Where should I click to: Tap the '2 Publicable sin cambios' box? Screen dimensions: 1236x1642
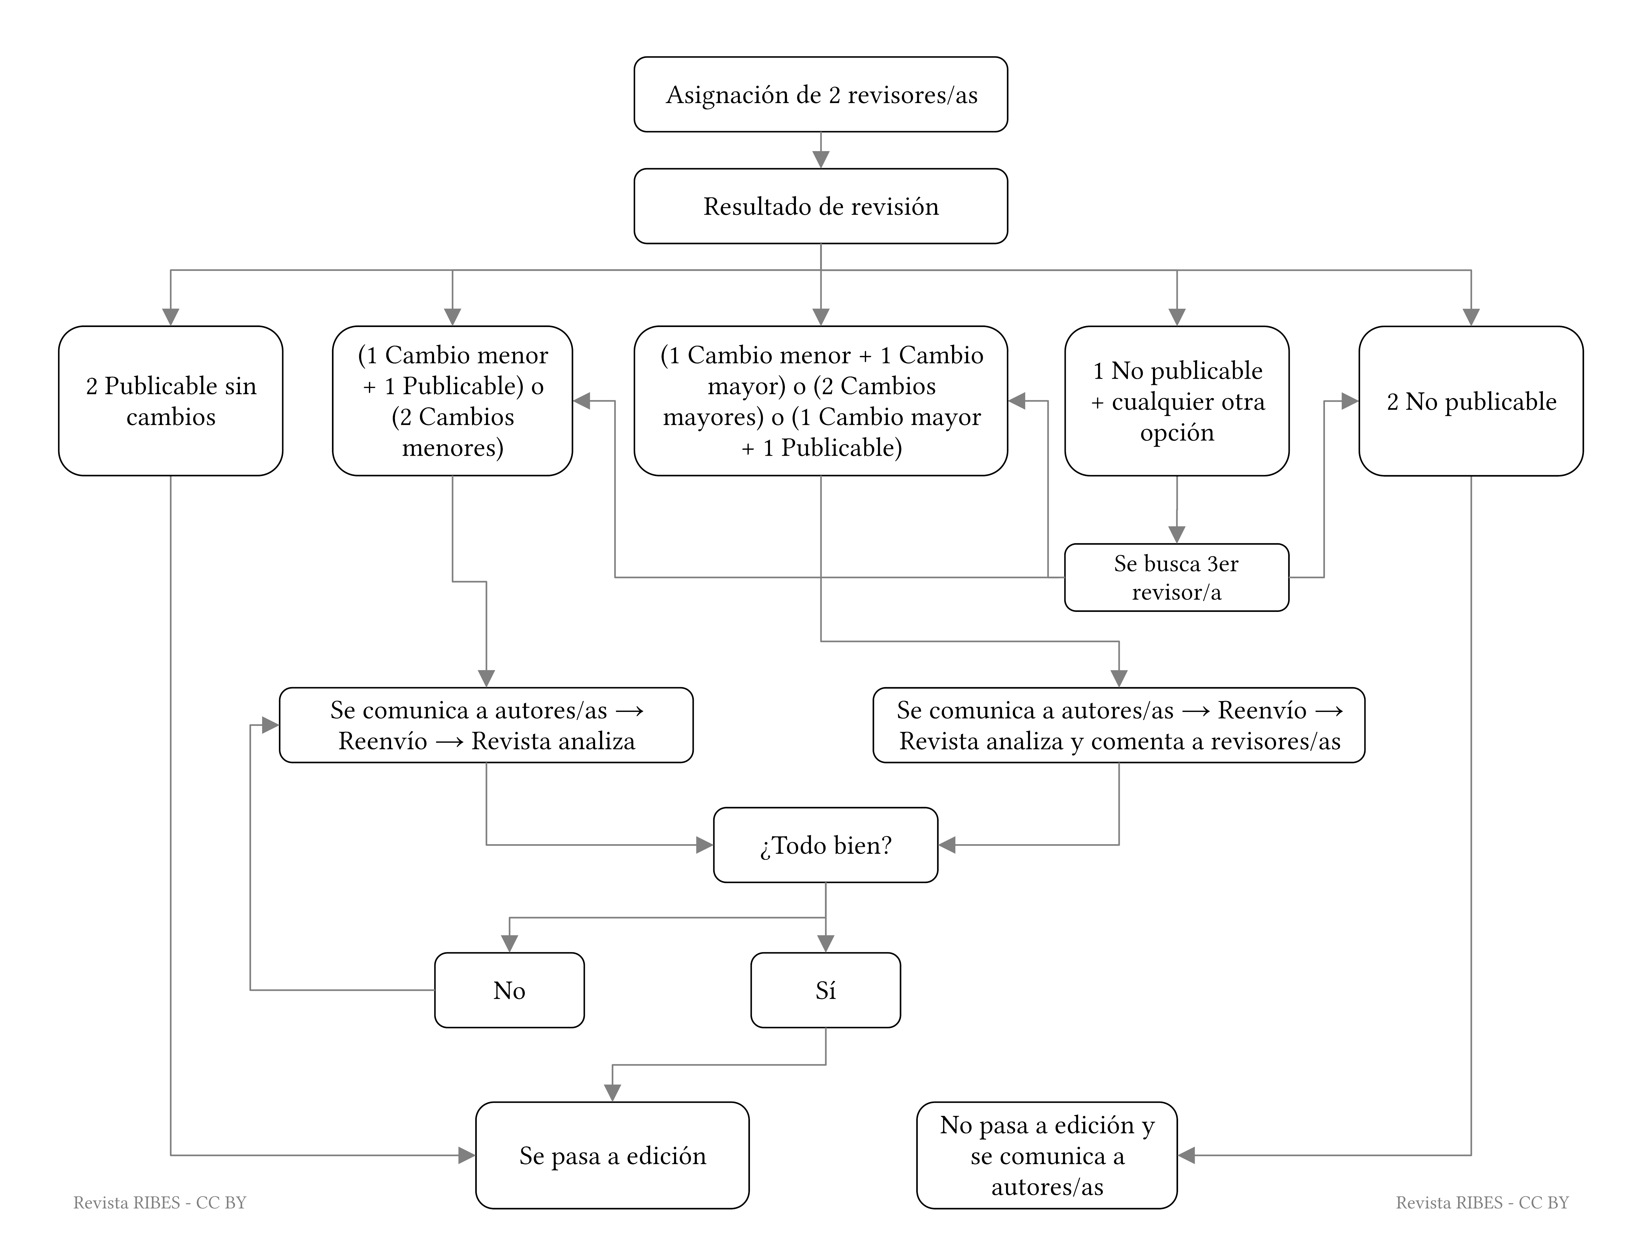click(x=171, y=401)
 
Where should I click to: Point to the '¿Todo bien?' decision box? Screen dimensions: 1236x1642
click(x=825, y=845)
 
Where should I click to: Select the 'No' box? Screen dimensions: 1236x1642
click(x=509, y=990)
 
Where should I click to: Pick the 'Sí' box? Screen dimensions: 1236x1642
click(x=825, y=990)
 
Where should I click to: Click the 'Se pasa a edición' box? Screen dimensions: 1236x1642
click(x=612, y=1155)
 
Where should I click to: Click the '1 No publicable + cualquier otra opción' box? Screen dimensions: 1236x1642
click(x=1177, y=401)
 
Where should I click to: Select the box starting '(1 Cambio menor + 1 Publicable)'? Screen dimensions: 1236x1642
click(x=453, y=401)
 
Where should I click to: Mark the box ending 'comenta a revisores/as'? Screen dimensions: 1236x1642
click(x=1119, y=725)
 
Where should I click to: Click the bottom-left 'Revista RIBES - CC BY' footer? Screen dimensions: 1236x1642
click(x=160, y=1203)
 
